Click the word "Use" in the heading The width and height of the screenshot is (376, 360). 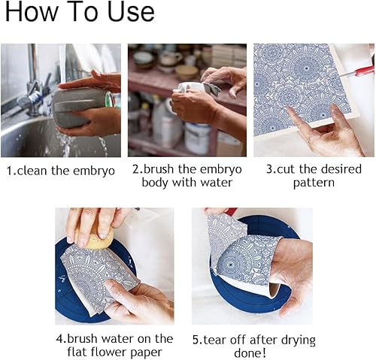(x=130, y=12)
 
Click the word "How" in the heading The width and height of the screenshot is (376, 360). (x=31, y=12)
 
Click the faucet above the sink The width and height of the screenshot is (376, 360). (x=32, y=83)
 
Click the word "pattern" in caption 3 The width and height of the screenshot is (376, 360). (x=314, y=183)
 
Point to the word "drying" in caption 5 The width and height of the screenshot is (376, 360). (x=299, y=341)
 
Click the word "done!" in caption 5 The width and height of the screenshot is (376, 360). (x=250, y=353)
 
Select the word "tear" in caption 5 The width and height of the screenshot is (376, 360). (x=215, y=340)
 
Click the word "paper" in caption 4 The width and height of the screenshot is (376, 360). (x=147, y=352)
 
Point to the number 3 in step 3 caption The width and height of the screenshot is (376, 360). (x=269, y=170)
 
